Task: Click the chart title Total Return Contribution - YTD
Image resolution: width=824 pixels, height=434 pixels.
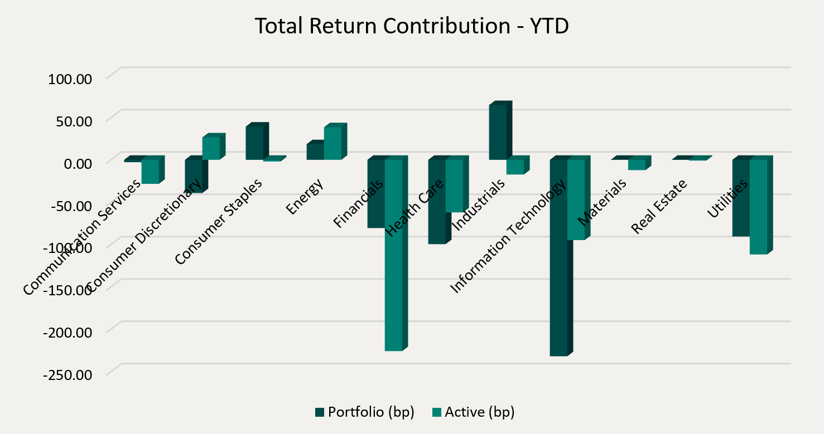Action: [412, 26]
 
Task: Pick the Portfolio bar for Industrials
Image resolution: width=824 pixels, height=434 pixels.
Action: [498, 132]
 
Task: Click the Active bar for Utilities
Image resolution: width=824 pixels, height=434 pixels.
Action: [758, 207]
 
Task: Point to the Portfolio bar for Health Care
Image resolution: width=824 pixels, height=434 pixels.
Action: [437, 202]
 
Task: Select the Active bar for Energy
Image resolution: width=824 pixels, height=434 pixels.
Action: [333, 143]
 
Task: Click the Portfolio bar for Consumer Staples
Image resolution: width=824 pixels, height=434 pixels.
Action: [254, 143]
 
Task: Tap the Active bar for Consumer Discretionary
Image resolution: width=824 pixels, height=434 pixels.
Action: [211, 148]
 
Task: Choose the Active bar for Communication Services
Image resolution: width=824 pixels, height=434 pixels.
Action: [150, 171]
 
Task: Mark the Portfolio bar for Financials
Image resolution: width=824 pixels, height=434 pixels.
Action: [376, 193]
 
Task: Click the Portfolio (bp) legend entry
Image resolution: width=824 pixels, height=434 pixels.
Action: [364, 412]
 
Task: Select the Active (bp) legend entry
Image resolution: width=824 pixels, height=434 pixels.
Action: [473, 412]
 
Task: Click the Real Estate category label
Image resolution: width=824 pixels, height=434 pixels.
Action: [659, 206]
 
